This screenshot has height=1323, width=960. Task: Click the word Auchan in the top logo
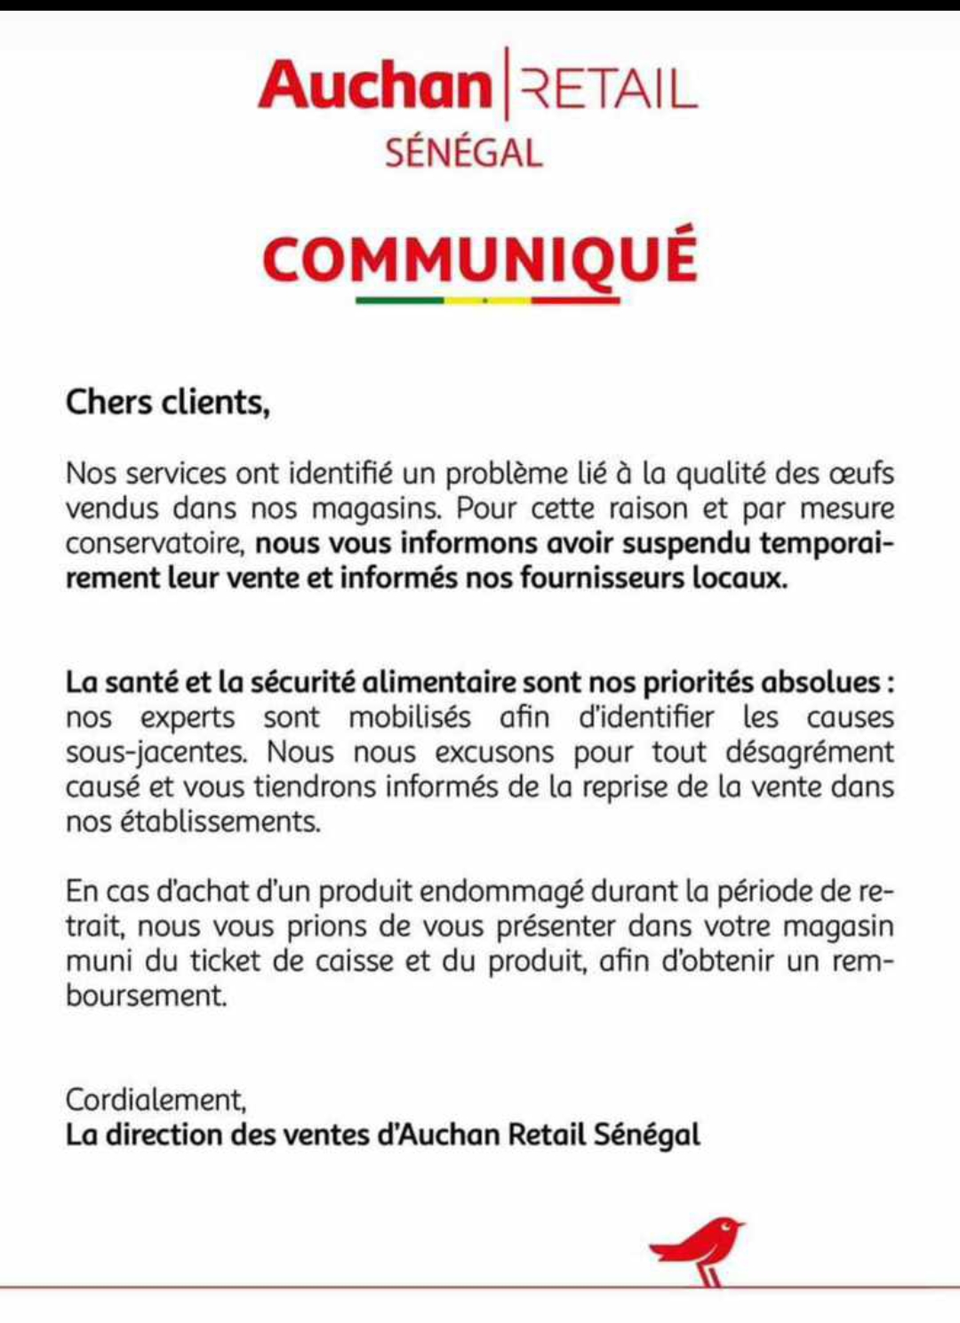tap(374, 86)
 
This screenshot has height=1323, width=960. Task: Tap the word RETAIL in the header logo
tap(608, 90)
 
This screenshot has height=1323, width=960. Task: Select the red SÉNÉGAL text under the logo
tap(463, 152)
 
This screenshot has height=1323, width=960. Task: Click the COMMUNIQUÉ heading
tap(480, 258)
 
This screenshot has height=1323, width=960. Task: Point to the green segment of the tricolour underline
tap(399, 301)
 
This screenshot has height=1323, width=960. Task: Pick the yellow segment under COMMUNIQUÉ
tap(487, 301)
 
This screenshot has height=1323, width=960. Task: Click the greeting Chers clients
tap(167, 402)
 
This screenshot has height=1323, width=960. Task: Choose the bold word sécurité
tap(303, 682)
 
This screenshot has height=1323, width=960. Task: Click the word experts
tap(188, 718)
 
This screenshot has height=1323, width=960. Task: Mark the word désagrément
tap(809, 752)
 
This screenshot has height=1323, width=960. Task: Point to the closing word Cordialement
tap(155, 1100)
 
